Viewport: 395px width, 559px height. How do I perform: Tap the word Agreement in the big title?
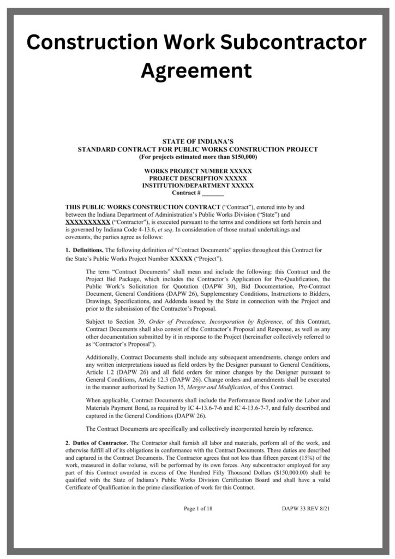[x=197, y=70]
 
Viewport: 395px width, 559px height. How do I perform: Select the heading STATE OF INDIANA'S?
[x=197, y=141]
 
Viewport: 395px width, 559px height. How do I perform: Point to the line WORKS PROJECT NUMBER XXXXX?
[x=197, y=171]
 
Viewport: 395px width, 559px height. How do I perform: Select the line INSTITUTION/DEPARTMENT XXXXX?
[x=197, y=186]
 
